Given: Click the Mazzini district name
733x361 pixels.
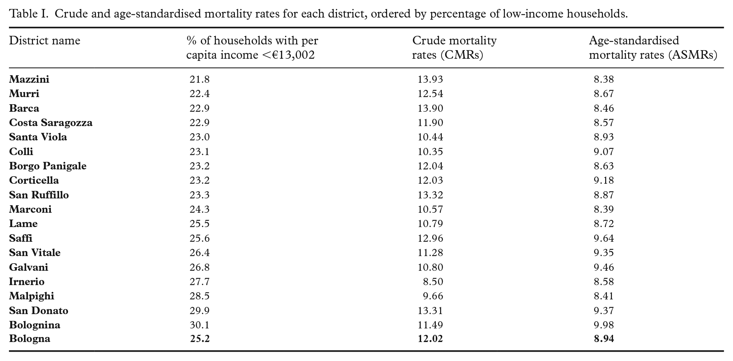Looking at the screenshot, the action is (29, 79).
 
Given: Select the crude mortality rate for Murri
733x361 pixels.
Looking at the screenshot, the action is (430, 94).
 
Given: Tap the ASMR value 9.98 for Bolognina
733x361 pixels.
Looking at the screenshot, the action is (604, 325).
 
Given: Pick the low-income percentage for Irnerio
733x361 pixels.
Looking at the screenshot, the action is (199, 281).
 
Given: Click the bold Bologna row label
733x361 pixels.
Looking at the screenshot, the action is (30, 339).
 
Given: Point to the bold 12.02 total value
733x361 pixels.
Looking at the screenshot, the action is (430, 339).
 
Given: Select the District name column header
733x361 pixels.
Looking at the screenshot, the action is (44, 40).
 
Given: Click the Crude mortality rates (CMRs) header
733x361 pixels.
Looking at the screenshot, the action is (454, 48).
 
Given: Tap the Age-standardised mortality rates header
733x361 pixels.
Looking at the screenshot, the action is (653, 48).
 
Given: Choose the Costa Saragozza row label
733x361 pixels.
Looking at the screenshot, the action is (51, 123).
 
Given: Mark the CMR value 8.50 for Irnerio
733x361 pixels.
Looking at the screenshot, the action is (433, 281).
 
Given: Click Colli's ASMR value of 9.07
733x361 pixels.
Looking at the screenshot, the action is (604, 151).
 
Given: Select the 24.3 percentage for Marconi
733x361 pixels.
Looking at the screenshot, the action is (199, 209).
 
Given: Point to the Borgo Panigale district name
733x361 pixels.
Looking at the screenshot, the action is (48, 166).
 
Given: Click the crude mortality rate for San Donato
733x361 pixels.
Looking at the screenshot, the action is (430, 311).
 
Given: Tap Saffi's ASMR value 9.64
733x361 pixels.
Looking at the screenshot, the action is (604, 238).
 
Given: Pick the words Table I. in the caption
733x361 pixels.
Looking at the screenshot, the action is (29, 14).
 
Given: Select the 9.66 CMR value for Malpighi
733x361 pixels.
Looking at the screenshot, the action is (433, 296).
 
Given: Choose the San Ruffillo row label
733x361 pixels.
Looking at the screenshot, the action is (39, 195).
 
